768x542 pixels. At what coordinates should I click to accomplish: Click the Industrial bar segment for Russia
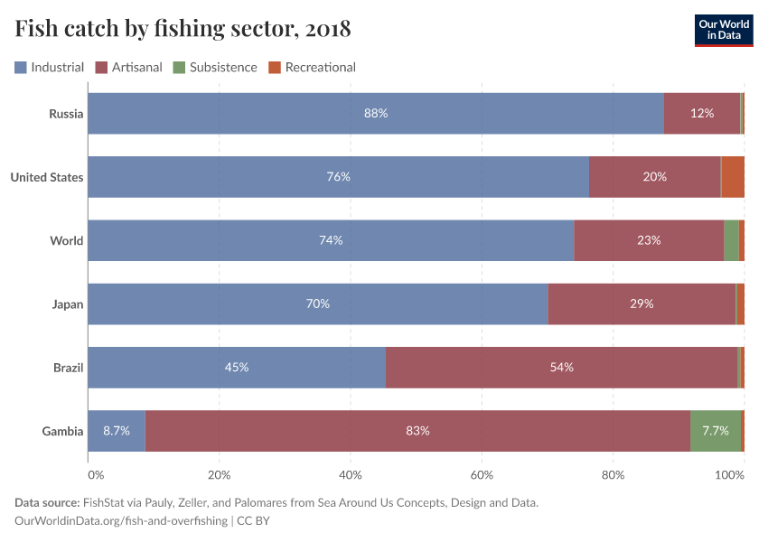tap(376, 114)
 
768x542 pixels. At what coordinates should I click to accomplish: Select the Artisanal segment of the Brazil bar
tap(561, 368)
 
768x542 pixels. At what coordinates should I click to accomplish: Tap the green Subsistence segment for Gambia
tap(715, 431)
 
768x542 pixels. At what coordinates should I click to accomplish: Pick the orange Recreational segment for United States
tap(733, 177)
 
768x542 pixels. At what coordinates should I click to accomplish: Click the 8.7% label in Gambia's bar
tap(117, 431)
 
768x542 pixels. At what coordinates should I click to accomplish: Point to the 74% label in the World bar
tap(331, 240)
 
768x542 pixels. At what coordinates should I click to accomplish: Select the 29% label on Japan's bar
tap(642, 304)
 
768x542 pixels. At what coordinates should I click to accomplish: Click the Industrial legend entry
tap(49, 67)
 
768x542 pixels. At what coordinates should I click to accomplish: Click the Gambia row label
tap(63, 431)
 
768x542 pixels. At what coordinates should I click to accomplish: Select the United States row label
tap(47, 177)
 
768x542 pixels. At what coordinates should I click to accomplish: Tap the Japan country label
tap(68, 304)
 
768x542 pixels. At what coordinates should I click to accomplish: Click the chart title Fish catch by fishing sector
tap(183, 29)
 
